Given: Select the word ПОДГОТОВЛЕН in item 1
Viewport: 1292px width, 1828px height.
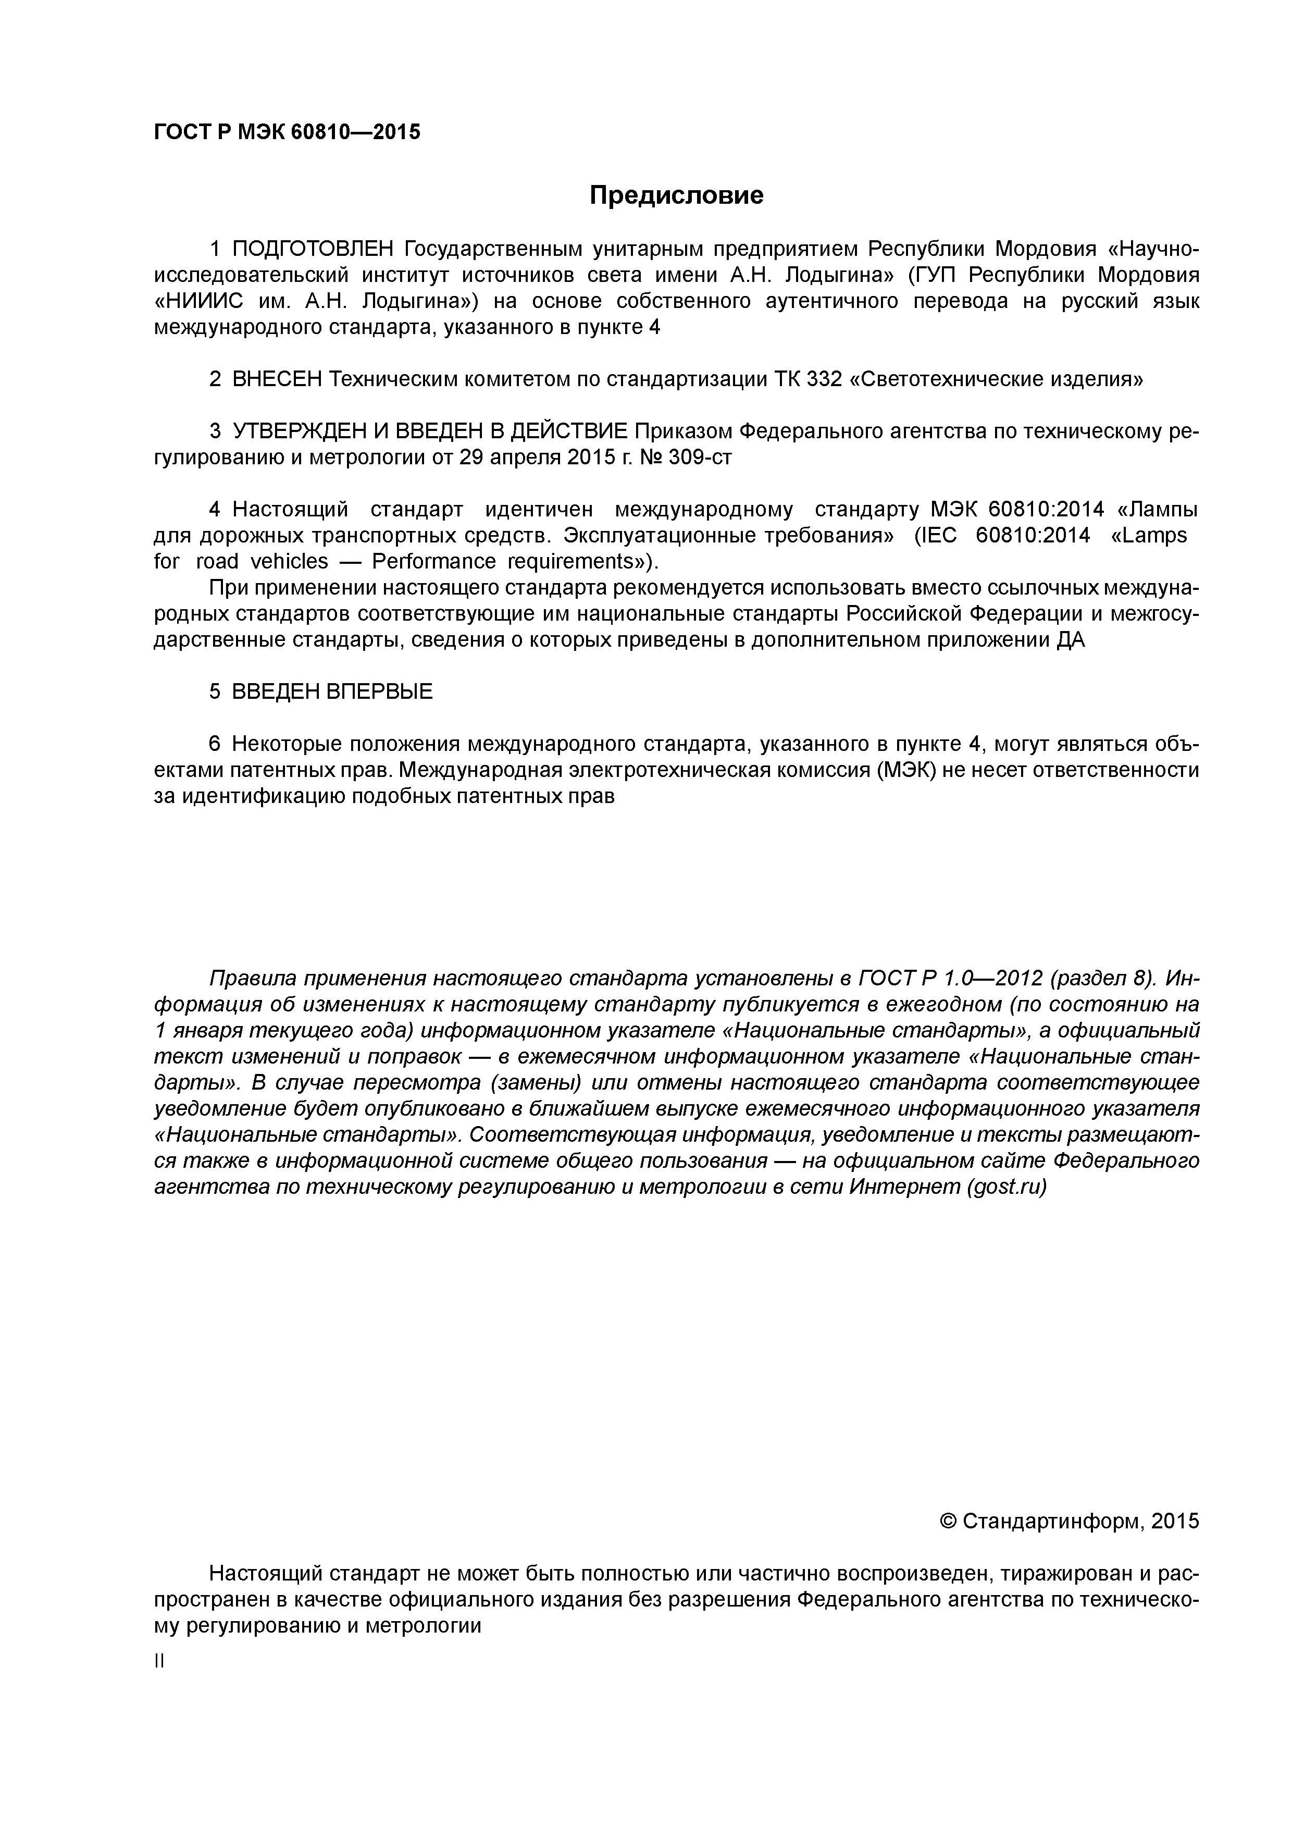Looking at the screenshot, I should click(x=313, y=249).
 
